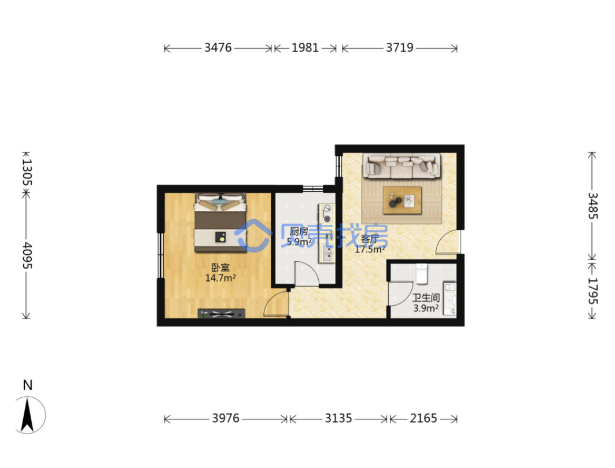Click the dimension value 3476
coord(218,48)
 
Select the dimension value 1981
coord(305,48)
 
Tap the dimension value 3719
coord(400,48)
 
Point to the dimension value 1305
coord(27,172)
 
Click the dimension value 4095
coord(27,255)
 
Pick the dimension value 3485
coord(592,206)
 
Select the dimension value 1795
coord(592,291)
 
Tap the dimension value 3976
coord(226,419)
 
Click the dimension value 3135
coord(338,419)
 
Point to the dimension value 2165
coord(423,419)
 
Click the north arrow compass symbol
coord(27,415)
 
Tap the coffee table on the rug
coord(402,200)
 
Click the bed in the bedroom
coord(220,222)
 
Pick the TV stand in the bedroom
coord(221,313)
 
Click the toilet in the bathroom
coord(422,273)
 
